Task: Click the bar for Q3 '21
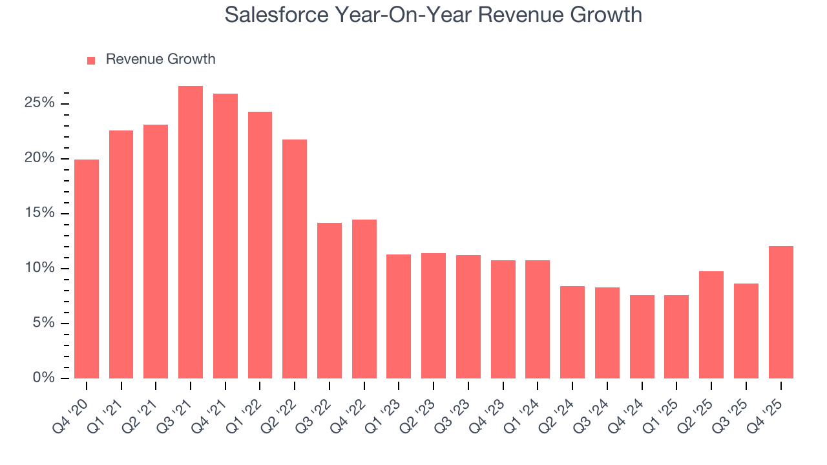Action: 191,232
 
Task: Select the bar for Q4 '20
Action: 87,269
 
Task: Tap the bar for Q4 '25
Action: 780,312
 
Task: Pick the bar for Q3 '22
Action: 330,300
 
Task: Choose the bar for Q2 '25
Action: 711,324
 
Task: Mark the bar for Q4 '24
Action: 642,336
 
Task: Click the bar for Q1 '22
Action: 260,245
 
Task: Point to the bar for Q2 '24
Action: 572,332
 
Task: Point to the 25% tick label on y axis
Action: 40,103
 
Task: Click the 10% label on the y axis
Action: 40,268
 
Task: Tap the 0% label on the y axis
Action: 43,378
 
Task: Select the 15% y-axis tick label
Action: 40,213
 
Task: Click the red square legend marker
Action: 91,60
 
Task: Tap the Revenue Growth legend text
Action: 160,59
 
